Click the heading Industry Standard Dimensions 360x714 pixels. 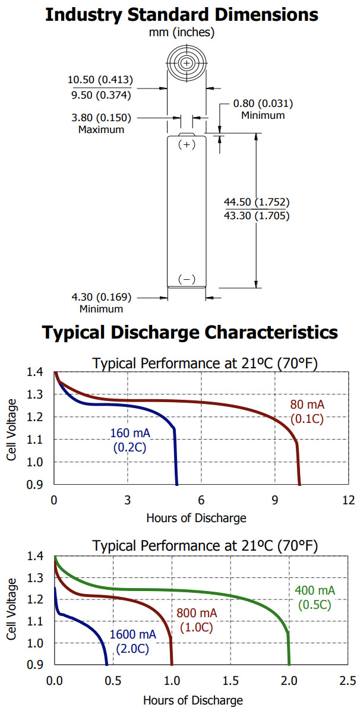click(181, 14)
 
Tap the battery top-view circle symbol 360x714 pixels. click(187, 62)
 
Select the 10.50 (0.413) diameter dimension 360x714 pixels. click(100, 80)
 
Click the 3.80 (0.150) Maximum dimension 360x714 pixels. click(100, 118)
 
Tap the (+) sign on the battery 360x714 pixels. click(187, 144)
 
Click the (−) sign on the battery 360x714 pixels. click(187, 279)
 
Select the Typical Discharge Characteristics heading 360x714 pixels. click(190, 332)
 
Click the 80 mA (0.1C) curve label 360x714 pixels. click(307, 412)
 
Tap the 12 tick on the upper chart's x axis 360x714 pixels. click(348, 501)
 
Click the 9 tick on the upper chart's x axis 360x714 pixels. click(275, 501)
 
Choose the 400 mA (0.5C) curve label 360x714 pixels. click(315, 597)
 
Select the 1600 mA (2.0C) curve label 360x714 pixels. click(132, 642)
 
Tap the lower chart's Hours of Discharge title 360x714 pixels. click(193, 700)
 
